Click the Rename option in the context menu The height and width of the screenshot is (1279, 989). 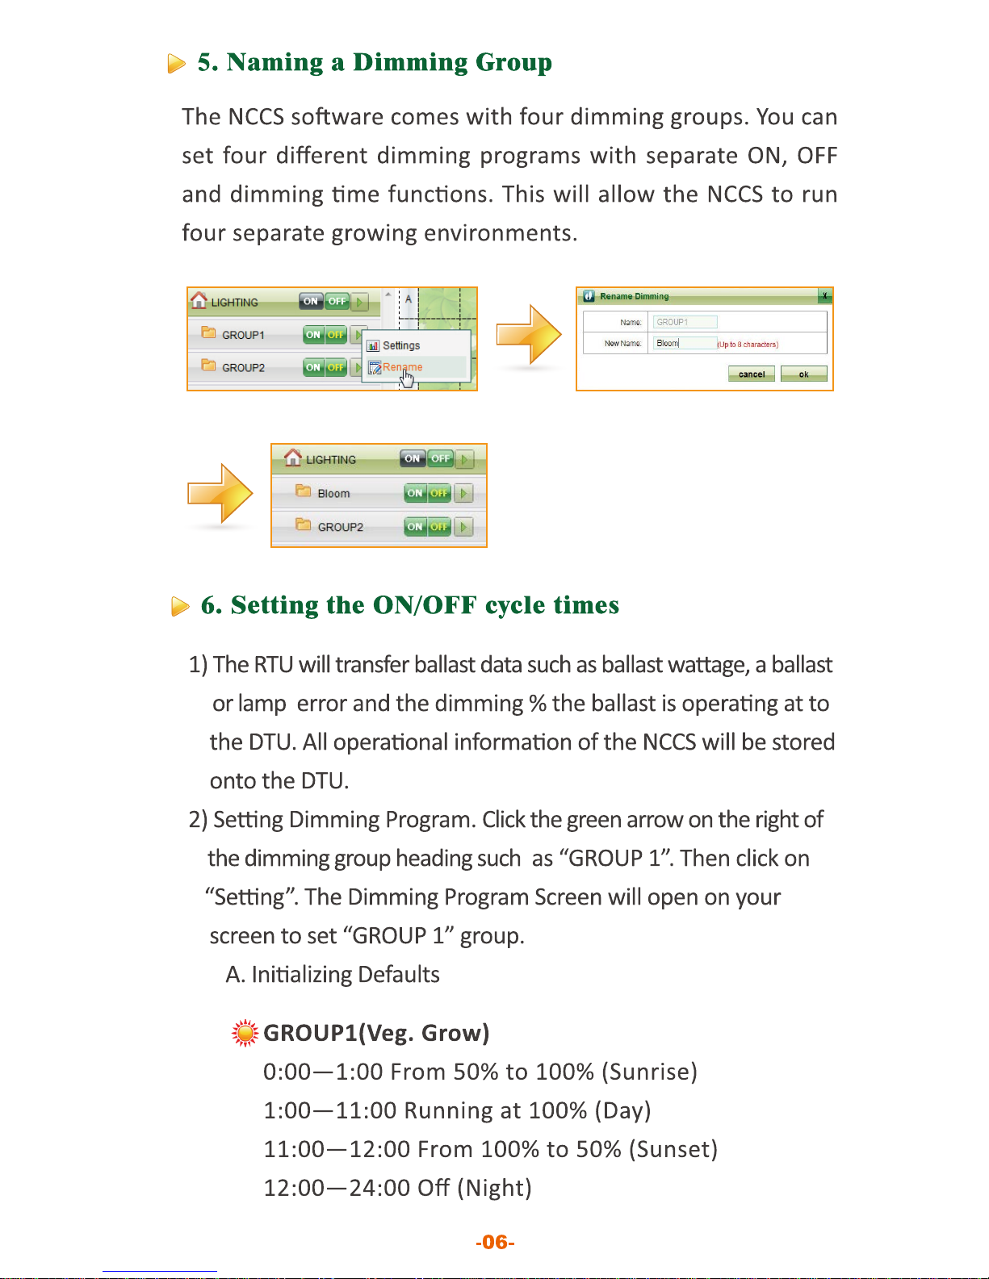click(x=401, y=367)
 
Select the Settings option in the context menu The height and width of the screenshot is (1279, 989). click(x=400, y=345)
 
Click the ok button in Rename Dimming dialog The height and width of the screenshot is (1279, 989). click(x=803, y=374)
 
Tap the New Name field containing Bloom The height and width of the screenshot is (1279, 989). click(x=685, y=343)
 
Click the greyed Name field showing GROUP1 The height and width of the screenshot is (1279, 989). click(x=685, y=322)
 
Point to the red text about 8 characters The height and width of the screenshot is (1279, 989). click(x=748, y=345)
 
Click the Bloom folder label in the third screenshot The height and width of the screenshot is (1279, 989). click(x=333, y=493)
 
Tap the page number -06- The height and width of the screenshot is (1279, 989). click(x=495, y=1242)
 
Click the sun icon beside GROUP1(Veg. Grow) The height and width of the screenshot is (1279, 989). click(x=245, y=1033)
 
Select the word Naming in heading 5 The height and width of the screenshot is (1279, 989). click(x=274, y=62)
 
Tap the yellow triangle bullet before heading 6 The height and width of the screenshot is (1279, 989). click(x=180, y=606)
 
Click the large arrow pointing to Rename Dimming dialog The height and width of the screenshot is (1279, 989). click(x=528, y=334)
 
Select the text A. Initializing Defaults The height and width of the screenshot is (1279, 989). click(x=333, y=975)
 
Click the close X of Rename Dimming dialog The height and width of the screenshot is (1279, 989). click(x=824, y=296)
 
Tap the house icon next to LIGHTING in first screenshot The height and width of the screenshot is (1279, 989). click(x=199, y=300)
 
